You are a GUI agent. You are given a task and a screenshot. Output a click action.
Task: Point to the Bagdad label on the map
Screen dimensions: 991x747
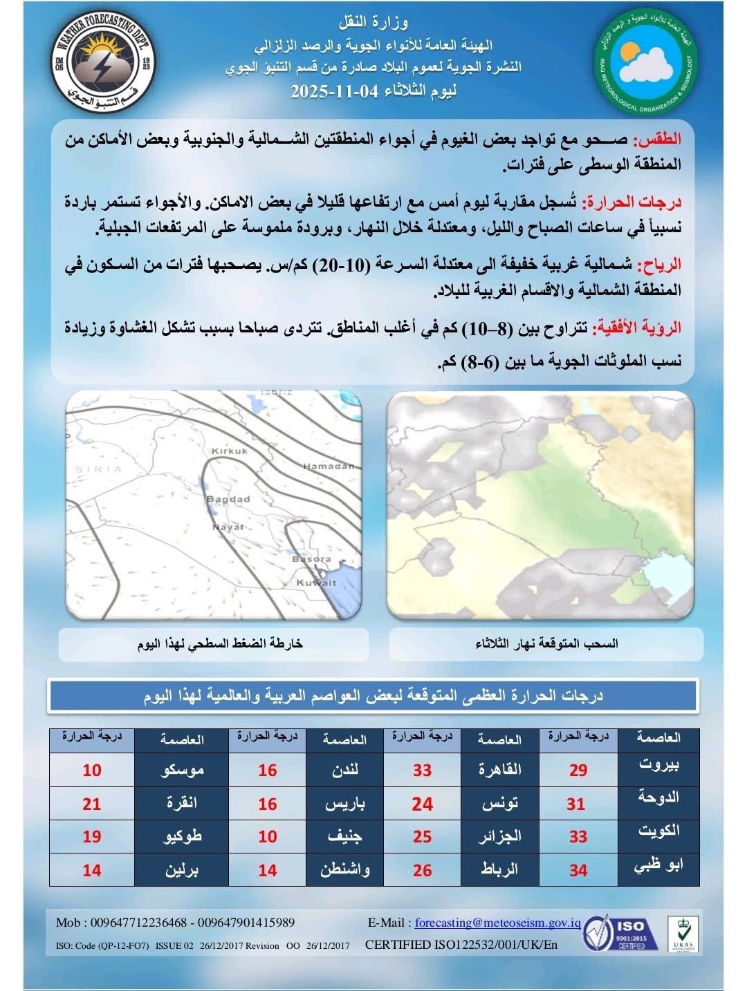tap(228, 499)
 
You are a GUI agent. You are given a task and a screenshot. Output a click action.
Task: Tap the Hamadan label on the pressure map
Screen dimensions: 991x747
tap(329, 466)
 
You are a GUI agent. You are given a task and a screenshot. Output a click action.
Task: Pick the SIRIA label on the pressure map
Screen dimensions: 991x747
tap(98, 469)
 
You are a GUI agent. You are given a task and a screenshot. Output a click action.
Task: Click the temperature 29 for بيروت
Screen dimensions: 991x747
tap(578, 770)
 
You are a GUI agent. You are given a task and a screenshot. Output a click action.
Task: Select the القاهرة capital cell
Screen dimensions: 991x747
tap(499, 770)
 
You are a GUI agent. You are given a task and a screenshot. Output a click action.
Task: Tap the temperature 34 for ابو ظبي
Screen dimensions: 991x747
tap(578, 869)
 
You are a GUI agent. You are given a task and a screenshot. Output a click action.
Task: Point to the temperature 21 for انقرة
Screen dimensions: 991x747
tap(92, 804)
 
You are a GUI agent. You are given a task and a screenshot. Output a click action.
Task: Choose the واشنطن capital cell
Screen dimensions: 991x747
tap(344, 869)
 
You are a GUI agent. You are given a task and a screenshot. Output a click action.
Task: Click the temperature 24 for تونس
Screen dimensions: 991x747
tap(422, 804)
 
